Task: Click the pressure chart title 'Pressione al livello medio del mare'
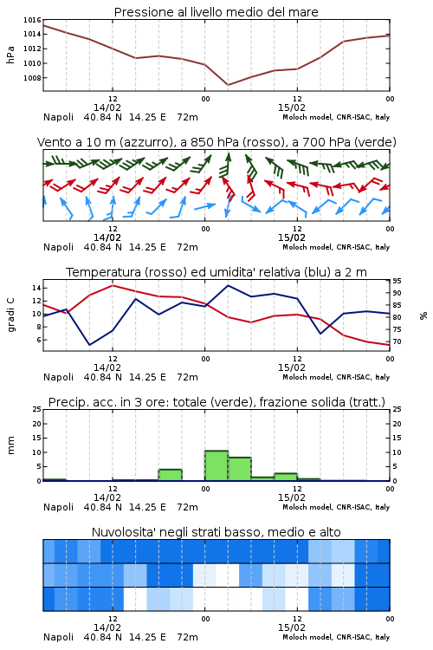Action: point(216,12)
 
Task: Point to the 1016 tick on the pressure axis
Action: point(32,20)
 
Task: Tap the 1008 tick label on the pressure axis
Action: point(32,78)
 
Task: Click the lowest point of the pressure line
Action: point(228,85)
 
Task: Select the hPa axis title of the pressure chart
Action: point(10,55)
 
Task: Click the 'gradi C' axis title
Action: point(10,315)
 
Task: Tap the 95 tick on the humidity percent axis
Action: point(397,281)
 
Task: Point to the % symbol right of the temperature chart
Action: point(423,315)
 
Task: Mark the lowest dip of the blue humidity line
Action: point(89,345)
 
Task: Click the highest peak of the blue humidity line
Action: point(228,286)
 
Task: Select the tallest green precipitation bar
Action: point(216,465)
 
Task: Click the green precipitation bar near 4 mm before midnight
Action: point(171,475)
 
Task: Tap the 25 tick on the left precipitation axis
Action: point(37,409)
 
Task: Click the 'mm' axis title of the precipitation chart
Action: point(10,445)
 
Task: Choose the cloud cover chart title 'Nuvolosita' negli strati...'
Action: point(216,532)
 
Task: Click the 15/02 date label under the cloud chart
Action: point(291,627)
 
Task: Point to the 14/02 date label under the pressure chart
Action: point(107,107)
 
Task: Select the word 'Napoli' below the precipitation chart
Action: point(58,507)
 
